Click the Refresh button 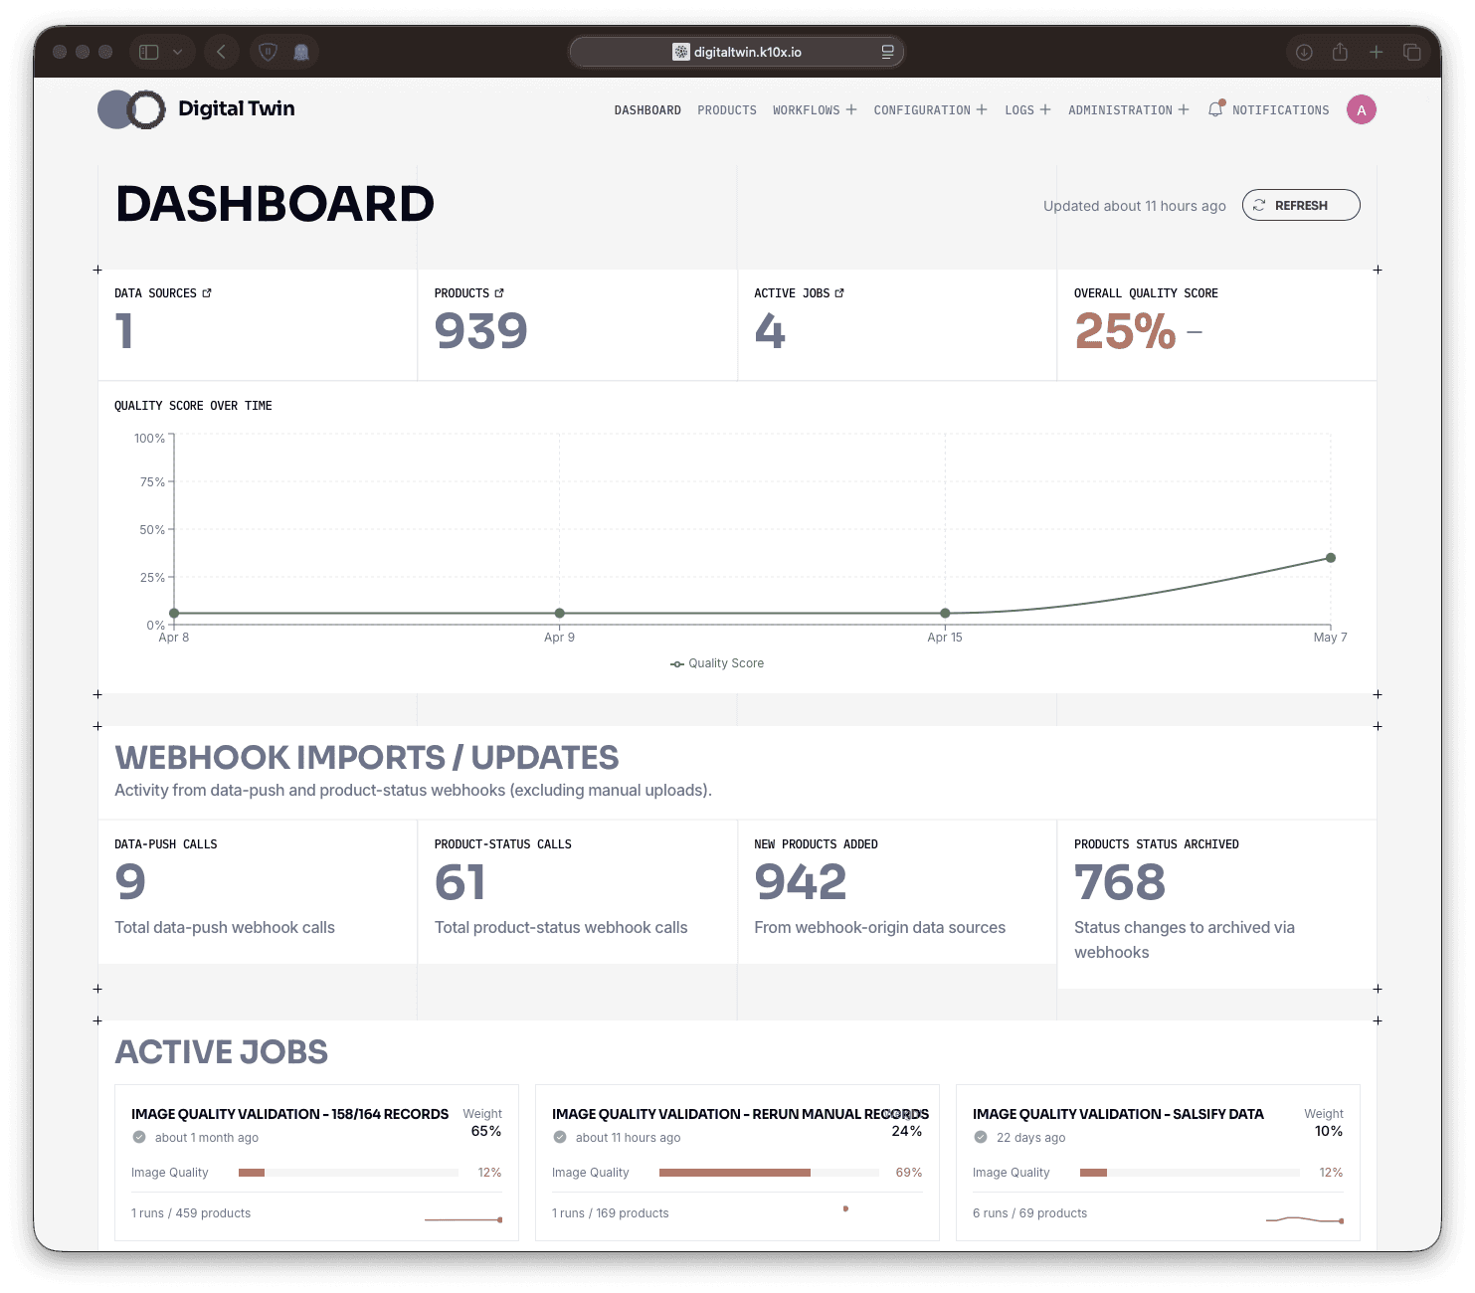click(1300, 205)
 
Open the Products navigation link click(727, 110)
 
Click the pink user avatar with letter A click(1361, 110)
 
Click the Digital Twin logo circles click(131, 109)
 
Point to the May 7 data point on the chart click(1330, 558)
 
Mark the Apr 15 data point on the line click(944, 613)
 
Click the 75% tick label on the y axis click(152, 482)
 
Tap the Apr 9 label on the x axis click(559, 637)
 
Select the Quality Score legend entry click(717, 663)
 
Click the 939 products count click(480, 331)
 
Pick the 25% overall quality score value click(1125, 331)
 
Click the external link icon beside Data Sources click(207, 292)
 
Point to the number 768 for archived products click(1120, 881)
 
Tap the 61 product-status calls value click(460, 881)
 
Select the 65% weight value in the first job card click(485, 1131)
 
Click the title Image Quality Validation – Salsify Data click(1118, 1114)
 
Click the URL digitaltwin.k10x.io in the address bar click(747, 52)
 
